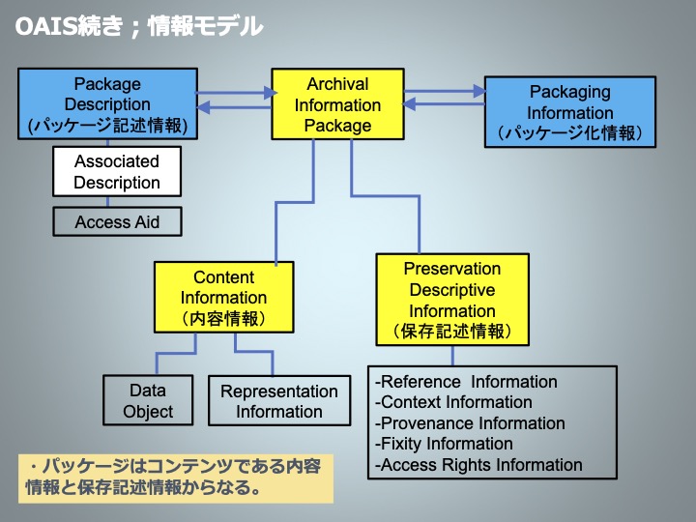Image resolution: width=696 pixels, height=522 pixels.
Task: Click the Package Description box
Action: pyautogui.click(x=108, y=103)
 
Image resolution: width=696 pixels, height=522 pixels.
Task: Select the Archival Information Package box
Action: pyautogui.click(x=337, y=104)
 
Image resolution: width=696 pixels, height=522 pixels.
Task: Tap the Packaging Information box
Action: pyautogui.click(x=570, y=112)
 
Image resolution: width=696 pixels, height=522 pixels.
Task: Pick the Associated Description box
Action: pyautogui.click(x=117, y=171)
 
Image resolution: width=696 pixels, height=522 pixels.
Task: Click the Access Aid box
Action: pyautogui.click(x=117, y=221)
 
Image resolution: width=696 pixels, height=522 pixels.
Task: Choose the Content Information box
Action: pyautogui.click(x=223, y=297)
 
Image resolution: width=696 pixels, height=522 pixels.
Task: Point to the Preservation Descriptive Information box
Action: pyautogui.click(x=452, y=300)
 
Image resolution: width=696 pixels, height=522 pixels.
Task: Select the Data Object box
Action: pyautogui.click(x=148, y=400)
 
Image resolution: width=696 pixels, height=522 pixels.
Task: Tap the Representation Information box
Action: pyautogui.click(x=279, y=401)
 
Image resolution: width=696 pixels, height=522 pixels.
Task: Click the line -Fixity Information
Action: pyautogui.click(x=444, y=444)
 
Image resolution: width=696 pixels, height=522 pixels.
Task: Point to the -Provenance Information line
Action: pyautogui.click(x=470, y=423)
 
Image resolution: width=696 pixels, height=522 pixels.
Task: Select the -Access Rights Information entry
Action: pyautogui.click(x=478, y=465)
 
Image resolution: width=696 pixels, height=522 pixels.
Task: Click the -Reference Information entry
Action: pyautogui.click(x=466, y=382)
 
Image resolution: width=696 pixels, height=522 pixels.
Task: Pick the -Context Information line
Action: pyautogui.click(x=453, y=402)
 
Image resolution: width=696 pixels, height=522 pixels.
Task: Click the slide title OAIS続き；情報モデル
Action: pyautogui.click(x=139, y=26)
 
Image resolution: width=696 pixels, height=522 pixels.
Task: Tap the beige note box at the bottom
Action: pyautogui.click(x=176, y=478)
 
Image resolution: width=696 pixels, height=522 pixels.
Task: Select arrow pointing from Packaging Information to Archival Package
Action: pyautogui.click(x=444, y=103)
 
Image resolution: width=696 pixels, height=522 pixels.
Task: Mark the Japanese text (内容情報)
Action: pyautogui.click(x=223, y=318)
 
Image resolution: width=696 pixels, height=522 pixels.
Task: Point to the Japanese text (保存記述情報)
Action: pyautogui.click(x=452, y=332)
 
